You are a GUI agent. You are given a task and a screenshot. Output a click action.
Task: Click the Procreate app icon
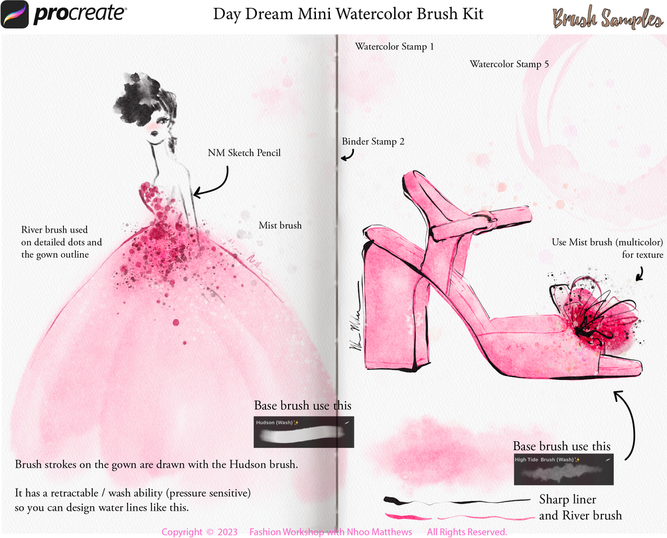coord(15,15)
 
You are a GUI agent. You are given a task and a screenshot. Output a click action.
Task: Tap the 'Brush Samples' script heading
coord(608,18)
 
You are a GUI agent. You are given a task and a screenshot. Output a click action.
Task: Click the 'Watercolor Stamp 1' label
coord(394,46)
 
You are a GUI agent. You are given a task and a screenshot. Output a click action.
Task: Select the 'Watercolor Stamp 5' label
coord(509,64)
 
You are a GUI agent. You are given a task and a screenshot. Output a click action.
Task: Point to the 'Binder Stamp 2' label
coord(373,141)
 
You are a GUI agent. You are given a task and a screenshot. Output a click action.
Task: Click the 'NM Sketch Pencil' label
coord(244,153)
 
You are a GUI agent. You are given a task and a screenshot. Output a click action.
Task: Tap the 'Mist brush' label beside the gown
coord(280,225)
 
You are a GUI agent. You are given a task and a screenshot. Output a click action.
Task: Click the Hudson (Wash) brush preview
coord(304,432)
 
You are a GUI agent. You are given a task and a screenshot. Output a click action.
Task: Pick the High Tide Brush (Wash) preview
coord(563,470)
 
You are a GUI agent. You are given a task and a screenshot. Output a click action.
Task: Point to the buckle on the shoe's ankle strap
coord(488,217)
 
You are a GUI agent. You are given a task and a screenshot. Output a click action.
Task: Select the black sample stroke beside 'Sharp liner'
coord(456,501)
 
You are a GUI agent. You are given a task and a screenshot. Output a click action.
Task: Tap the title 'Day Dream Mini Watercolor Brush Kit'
coord(348,14)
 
